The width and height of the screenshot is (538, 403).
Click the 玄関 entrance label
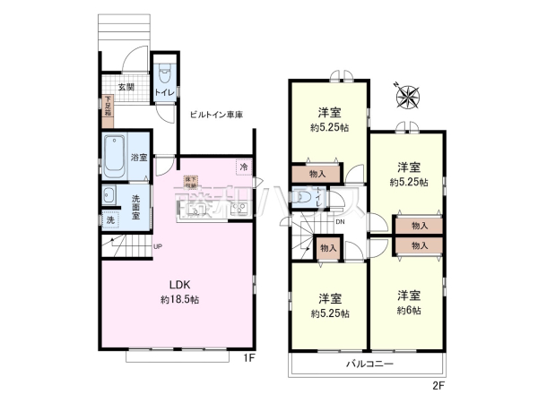coord(125,87)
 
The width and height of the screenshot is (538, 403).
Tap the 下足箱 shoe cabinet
coord(108,104)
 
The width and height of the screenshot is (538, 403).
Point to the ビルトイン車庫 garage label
coord(216,115)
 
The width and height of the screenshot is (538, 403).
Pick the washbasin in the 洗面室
coord(109,196)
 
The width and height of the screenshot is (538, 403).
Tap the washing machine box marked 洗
coord(109,219)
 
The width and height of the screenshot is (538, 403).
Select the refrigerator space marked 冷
coord(243,167)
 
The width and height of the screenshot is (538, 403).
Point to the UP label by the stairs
coord(157,247)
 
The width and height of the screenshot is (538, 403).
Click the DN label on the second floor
coord(340,221)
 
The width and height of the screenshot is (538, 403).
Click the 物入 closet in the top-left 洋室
coord(317,174)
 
